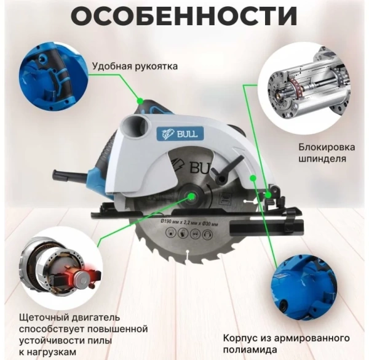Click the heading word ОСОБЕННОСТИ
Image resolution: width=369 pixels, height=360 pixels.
(184, 16)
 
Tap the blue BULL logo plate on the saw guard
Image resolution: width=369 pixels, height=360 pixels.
(180, 134)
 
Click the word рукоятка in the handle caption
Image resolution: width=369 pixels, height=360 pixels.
(156, 66)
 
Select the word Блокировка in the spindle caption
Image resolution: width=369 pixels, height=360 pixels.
(327, 147)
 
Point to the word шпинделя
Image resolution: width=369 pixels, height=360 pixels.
(322, 159)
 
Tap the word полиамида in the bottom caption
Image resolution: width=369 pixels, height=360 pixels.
(250, 350)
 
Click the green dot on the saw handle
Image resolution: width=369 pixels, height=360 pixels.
(140, 102)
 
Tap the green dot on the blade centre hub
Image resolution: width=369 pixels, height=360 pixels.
(191, 196)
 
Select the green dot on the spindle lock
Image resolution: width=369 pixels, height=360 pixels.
(268, 195)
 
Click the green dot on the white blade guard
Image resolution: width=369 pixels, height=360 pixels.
(253, 178)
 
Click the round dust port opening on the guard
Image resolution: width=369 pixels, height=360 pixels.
(135, 125)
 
